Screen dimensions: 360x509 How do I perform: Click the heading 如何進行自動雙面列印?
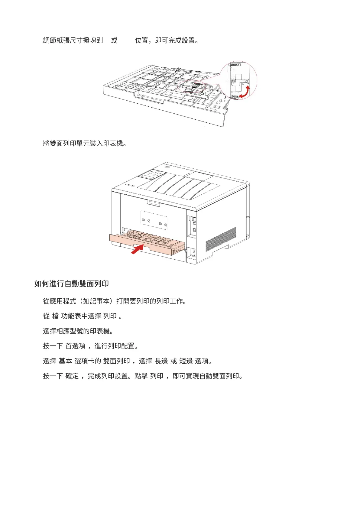pyautogui.click(x=71, y=284)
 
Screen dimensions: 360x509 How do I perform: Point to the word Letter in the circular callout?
pyautogui.click(x=235, y=96)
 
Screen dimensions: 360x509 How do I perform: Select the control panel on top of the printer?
pyautogui.click(x=152, y=174)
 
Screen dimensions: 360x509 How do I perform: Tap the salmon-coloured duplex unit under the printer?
pyautogui.click(x=145, y=243)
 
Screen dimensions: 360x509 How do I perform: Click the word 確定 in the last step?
pyautogui.click(x=72, y=376)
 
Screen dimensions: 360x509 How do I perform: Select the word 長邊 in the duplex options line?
pyautogui.click(x=161, y=361)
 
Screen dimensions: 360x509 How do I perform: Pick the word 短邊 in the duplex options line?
pyautogui.click(x=186, y=361)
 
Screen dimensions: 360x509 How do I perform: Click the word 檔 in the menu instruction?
pyautogui.click(x=55, y=316)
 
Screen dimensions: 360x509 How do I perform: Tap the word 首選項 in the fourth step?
pyautogui.click(x=76, y=346)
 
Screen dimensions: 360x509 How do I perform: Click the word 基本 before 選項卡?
pyautogui.click(x=65, y=361)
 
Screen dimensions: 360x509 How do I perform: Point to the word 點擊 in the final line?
pyautogui.click(x=141, y=376)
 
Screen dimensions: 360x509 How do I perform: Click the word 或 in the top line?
pyautogui.click(x=114, y=40)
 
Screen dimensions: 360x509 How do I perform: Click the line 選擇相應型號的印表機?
pyautogui.click(x=78, y=331)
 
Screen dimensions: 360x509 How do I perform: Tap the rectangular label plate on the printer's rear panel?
pyautogui.click(x=154, y=220)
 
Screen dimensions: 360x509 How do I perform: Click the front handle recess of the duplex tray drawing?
pyautogui.click(x=150, y=98)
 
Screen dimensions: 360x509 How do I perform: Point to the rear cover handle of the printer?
pyautogui.click(x=153, y=203)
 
